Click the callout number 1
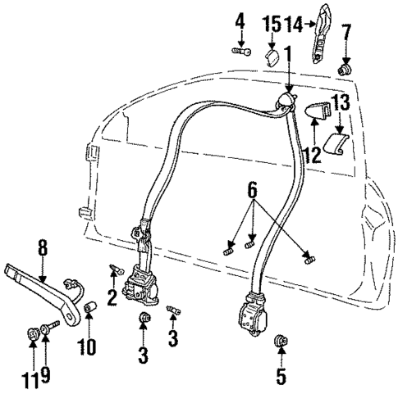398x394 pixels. [x=287, y=53]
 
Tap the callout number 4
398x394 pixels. [x=240, y=20]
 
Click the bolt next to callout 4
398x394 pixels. [x=240, y=52]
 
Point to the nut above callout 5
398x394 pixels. [x=281, y=337]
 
